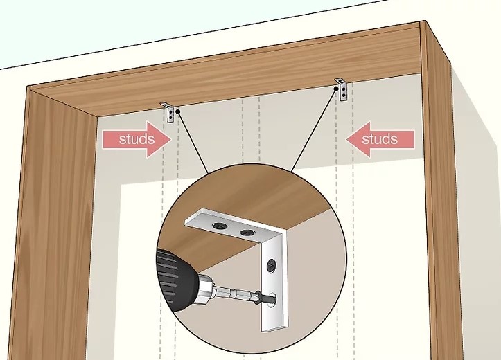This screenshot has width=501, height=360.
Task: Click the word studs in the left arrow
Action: pyautogui.click(x=137, y=139)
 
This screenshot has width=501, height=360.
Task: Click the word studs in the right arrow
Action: pyautogui.click(x=380, y=139)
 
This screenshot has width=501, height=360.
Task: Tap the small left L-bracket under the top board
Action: pyautogui.click(x=168, y=112)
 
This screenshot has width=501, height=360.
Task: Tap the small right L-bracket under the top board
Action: pyautogui.click(x=342, y=89)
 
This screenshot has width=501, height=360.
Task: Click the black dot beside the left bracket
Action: pyautogui.click(x=177, y=111)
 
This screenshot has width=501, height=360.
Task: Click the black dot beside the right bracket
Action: pyautogui.click(x=336, y=89)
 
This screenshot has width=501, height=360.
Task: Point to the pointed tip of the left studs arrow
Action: pyautogui.click(x=172, y=139)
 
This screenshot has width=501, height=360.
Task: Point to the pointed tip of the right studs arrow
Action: pyautogui.click(x=346, y=139)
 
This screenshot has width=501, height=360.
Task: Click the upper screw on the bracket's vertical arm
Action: pyautogui.click(x=272, y=265)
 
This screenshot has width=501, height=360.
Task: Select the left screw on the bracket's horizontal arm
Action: pyautogui.click(x=219, y=226)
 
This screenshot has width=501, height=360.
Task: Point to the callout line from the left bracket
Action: pyautogui.click(x=193, y=143)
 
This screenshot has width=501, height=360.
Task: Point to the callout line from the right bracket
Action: pyautogui.click(x=313, y=129)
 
